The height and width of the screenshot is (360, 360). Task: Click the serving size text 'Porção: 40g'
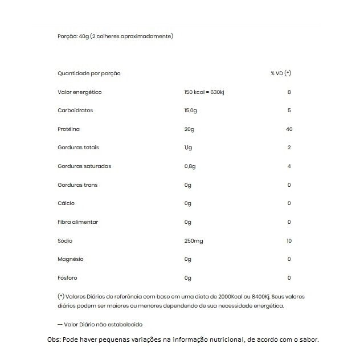74,36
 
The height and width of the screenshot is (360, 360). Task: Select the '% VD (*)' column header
281,73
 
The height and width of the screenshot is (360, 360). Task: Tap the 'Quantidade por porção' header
89,73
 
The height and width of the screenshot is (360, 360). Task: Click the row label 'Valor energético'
80,92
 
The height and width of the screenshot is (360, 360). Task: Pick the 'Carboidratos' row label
75,111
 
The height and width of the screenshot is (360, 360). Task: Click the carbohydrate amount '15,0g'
191,111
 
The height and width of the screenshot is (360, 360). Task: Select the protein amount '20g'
189,129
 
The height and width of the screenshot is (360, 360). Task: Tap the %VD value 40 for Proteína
289,129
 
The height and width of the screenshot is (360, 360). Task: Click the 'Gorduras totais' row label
79,148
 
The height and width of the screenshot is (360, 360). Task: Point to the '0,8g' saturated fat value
190,166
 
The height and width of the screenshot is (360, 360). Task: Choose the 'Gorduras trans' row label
77,185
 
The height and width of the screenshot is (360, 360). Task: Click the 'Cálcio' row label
66,203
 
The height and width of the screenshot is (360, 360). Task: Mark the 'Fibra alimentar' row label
78,222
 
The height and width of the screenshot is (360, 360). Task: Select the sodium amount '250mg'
194,241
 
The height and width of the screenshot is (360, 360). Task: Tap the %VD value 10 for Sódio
289,241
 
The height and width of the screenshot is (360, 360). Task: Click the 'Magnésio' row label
71,259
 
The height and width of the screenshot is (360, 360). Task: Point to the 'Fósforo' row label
68,278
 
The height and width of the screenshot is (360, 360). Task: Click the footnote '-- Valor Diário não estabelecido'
100,324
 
